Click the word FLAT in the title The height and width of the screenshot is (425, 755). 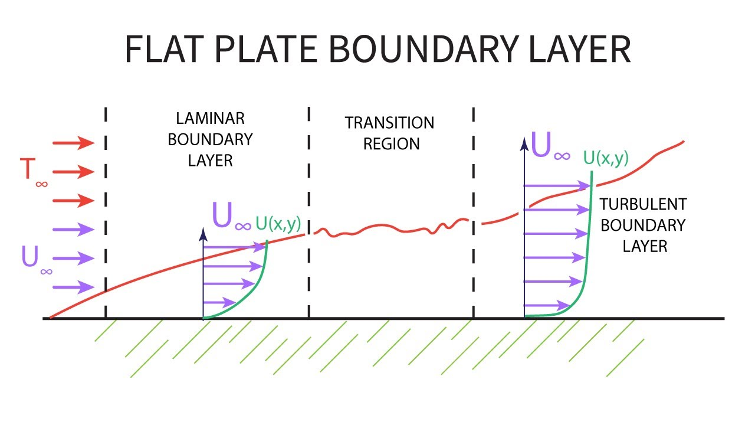(x=165, y=49)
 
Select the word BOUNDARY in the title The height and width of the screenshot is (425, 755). (x=424, y=49)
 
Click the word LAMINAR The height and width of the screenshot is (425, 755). (x=211, y=119)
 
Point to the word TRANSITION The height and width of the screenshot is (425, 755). (x=389, y=123)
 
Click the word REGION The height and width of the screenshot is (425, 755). (x=391, y=144)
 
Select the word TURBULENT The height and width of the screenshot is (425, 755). (x=643, y=204)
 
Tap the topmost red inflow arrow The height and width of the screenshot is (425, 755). (x=74, y=143)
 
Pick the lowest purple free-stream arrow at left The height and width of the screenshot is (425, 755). (x=74, y=287)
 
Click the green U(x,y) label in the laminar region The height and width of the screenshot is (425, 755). (x=278, y=224)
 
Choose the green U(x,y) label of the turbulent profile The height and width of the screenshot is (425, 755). (x=606, y=158)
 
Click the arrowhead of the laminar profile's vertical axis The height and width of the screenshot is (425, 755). (x=203, y=234)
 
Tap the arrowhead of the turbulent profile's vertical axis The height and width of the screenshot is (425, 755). (x=524, y=144)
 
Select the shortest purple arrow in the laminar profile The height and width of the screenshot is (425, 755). (x=219, y=302)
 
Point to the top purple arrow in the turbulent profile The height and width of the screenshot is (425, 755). (x=557, y=185)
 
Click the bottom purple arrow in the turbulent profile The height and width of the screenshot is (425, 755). (x=547, y=306)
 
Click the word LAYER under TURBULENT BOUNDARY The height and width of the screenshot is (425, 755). (x=645, y=247)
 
